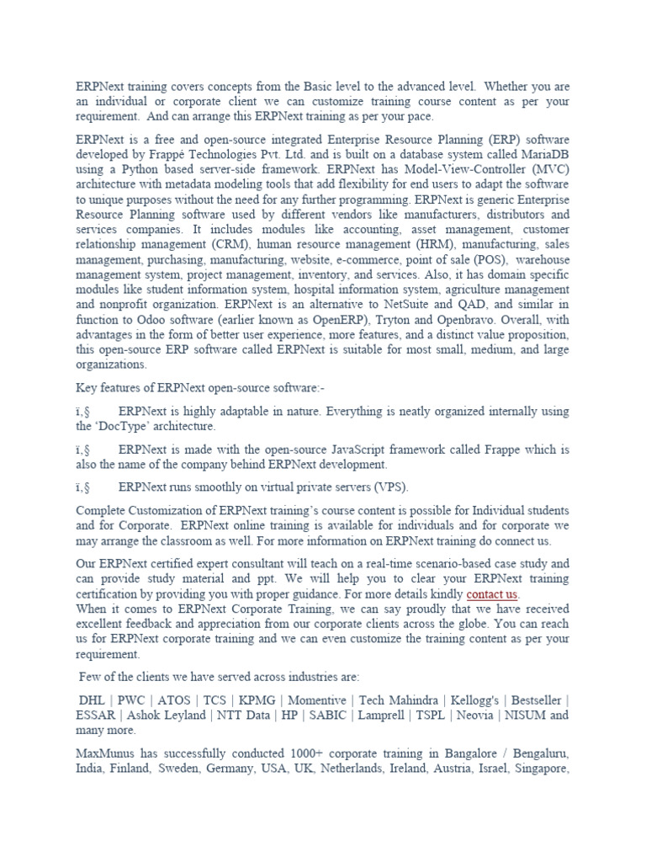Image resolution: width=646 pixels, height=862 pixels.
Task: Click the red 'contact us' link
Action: pyautogui.click(x=492, y=594)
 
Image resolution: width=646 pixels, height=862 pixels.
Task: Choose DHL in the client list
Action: pyautogui.click(x=92, y=700)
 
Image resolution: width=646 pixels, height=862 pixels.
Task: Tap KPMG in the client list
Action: pyautogui.click(x=255, y=700)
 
